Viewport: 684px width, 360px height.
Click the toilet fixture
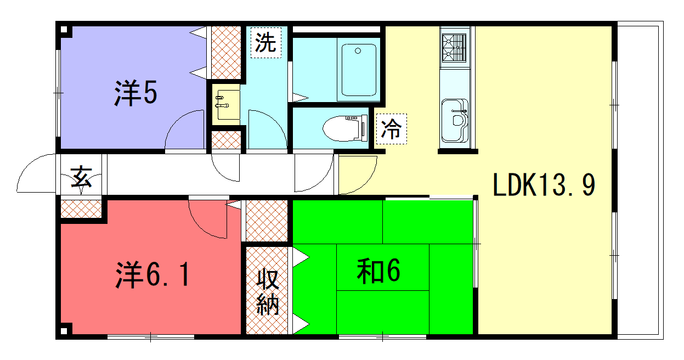click(x=345, y=128)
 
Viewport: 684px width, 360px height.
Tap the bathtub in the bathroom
click(x=359, y=70)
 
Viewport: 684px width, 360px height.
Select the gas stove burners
click(x=455, y=48)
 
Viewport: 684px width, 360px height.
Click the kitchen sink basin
click(x=455, y=120)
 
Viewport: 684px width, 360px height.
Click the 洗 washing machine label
click(x=265, y=42)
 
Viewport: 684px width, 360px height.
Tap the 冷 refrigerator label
click(x=391, y=128)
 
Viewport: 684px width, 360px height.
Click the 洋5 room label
click(x=135, y=93)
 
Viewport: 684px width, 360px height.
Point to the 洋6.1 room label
click(x=152, y=274)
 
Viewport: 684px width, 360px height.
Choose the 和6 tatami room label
click(x=378, y=271)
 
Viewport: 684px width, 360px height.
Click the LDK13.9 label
click(x=544, y=184)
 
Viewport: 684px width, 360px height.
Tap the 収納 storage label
click(x=268, y=292)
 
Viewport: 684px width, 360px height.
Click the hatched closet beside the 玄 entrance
click(x=81, y=209)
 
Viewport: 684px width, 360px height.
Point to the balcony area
click(x=640, y=180)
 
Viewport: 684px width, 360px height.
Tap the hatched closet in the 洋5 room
click(x=227, y=53)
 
